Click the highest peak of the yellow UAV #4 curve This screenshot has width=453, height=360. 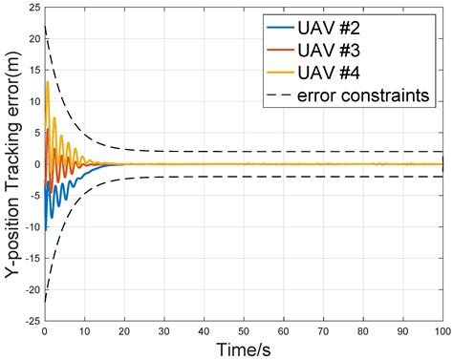tap(48, 82)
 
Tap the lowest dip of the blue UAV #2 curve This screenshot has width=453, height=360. tap(46, 230)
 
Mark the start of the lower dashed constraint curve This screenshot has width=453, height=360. tap(45, 301)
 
